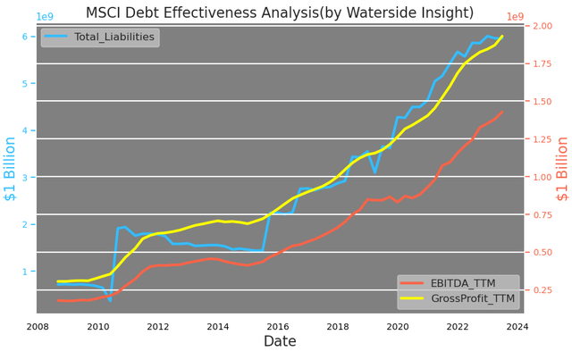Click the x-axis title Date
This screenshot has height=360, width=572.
(x=280, y=341)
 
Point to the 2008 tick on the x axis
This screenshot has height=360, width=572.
(x=38, y=326)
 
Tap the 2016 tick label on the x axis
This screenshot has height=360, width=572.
(x=278, y=326)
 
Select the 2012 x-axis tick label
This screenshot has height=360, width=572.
(x=158, y=326)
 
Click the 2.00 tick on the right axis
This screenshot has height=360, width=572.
(x=542, y=26)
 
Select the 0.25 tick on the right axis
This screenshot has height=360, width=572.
(x=542, y=290)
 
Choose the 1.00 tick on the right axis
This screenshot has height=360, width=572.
(x=542, y=177)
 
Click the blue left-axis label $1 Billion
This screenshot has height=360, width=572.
(x=11, y=170)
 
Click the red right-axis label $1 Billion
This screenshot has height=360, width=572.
(x=562, y=170)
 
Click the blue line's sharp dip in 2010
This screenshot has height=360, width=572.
(x=110, y=299)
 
